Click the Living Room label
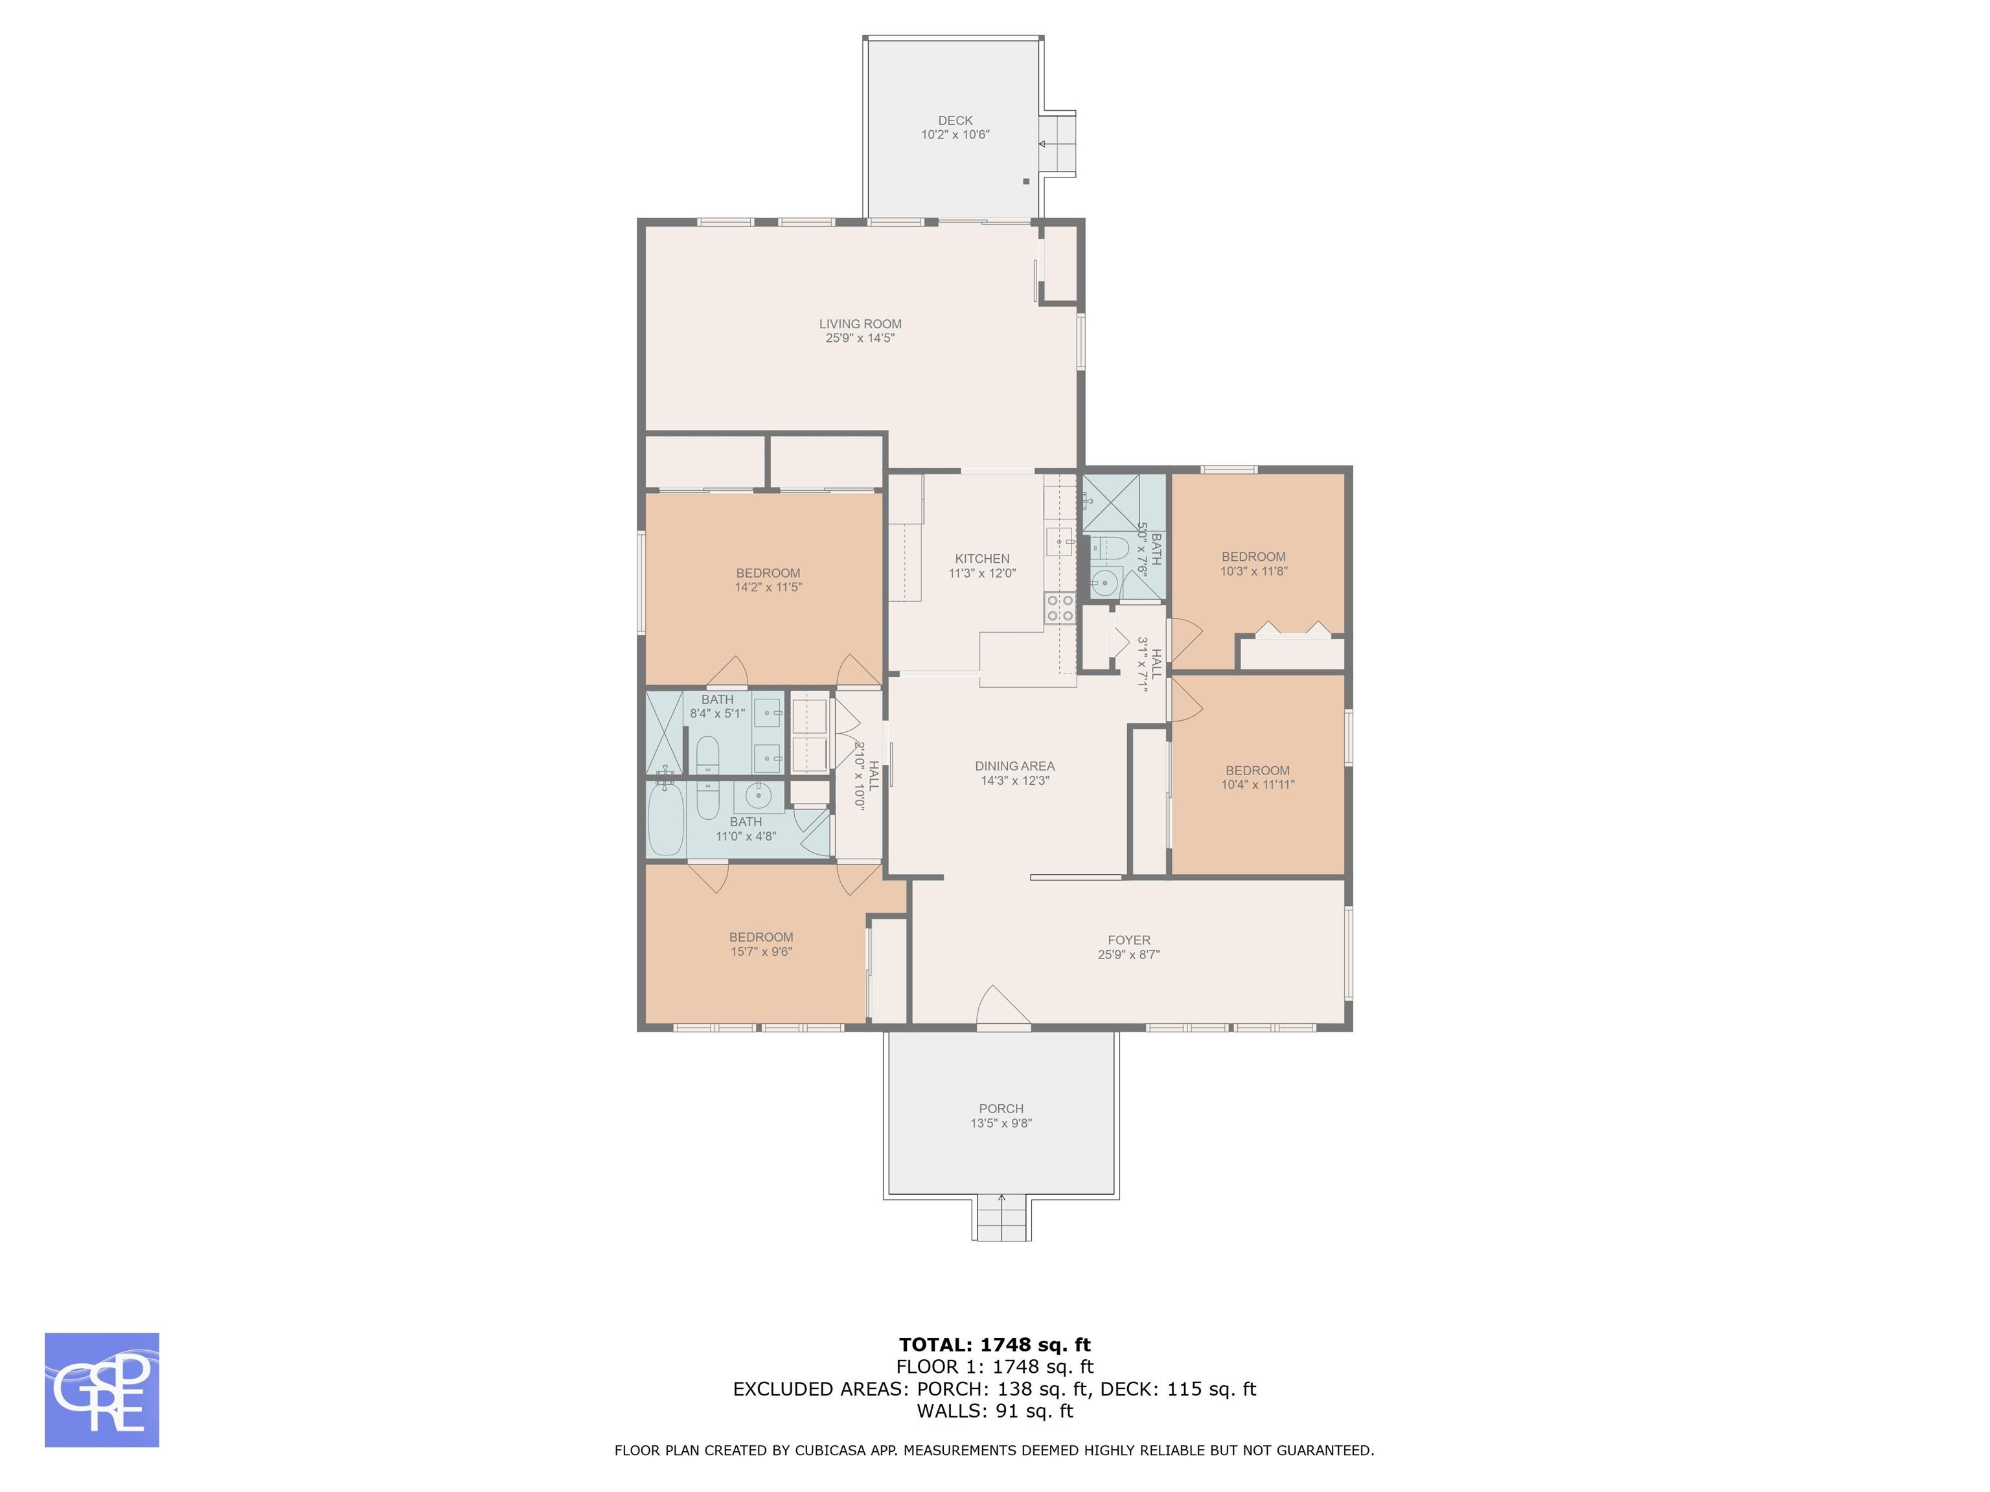point(860,324)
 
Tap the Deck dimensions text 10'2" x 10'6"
point(955,135)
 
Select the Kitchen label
point(983,558)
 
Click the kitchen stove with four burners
point(1060,609)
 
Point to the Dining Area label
point(1015,766)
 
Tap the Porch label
point(1001,1109)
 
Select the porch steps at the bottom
point(1002,1219)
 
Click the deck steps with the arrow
point(1057,144)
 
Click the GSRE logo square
point(102,1390)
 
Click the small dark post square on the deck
point(1025,181)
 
